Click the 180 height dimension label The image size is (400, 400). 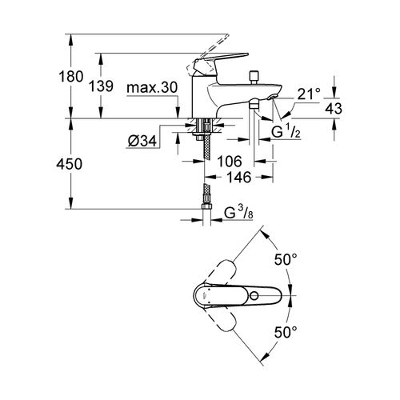click(x=71, y=77)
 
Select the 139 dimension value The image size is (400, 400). click(x=101, y=86)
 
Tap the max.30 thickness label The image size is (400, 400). click(x=152, y=87)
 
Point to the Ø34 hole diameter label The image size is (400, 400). click(x=142, y=141)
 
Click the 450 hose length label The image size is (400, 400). click(x=70, y=164)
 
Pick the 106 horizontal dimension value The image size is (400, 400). click(x=230, y=161)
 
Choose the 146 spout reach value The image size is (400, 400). click(x=238, y=177)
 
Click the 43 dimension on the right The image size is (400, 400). click(x=334, y=109)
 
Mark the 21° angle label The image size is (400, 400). click(x=309, y=94)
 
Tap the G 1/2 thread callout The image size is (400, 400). click(x=286, y=131)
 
